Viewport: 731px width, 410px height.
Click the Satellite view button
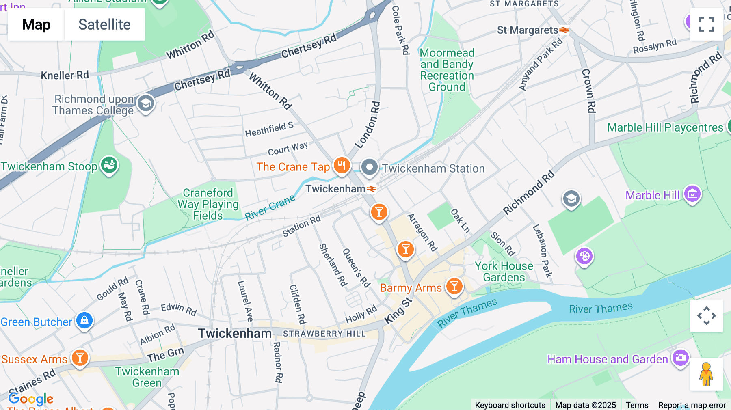tap(104, 24)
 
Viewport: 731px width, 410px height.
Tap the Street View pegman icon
tap(706, 374)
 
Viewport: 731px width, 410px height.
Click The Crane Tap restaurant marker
tap(342, 166)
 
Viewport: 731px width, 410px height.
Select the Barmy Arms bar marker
tap(454, 287)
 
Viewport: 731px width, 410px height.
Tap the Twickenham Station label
tap(433, 168)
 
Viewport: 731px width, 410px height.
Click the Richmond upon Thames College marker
tap(145, 104)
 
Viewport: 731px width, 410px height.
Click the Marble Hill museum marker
tap(692, 194)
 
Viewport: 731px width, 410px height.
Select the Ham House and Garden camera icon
tap(681, 358)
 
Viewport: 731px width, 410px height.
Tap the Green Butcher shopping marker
tap(84, 321)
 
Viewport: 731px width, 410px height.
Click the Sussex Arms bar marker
tap(80, 358)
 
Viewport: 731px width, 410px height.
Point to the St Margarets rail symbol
tap(564, 30)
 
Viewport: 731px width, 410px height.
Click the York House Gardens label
tap(504, 272)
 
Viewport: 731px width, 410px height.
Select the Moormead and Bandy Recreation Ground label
tap(447, 70)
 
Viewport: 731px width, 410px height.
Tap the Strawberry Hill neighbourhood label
tap(324, 334)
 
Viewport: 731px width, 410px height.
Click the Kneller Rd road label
tap(65, 75)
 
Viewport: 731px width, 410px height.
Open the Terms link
tap(637, 405)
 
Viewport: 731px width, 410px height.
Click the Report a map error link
tap(692, 405)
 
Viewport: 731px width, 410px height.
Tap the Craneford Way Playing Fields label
tap(208, 204)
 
